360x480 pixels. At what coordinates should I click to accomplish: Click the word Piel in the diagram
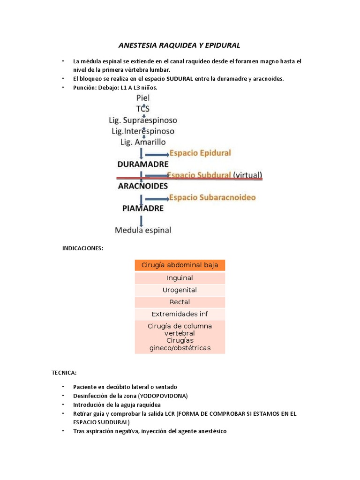click(x=143, y=97)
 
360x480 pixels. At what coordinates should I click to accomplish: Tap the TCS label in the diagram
click(x=143, y=108)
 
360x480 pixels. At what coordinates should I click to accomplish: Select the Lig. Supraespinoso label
click(x=143, y=120)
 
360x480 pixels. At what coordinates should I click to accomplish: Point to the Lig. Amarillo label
click(x=143, y=142)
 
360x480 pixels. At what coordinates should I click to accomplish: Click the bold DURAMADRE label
click(x=142, y=165)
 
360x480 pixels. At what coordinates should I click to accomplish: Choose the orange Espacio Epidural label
click(x=200, y=153)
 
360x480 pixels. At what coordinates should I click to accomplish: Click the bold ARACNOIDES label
click(x=142, y=186)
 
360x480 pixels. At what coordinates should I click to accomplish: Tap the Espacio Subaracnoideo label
click(x=212, y=197)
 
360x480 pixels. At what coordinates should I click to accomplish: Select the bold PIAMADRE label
click(x=143, y=208)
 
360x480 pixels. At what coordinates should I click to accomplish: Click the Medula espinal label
click(x=143, y=230)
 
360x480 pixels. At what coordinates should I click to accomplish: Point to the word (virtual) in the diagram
click(x=247, y=175)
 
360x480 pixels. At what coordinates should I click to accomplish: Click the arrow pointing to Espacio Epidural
click(x=157, y=154)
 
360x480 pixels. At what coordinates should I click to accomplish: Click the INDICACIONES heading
click(x=82, y=248)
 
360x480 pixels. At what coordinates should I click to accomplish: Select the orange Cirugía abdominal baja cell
click(x=180, y=265)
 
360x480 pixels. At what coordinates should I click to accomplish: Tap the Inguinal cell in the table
click(x=180, y=278)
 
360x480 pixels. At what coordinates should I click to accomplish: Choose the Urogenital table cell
click(x=180, y=290)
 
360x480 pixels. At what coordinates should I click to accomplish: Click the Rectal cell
click(x=180, y=302)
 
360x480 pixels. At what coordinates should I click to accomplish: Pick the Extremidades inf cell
click(x=180, y=314)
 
